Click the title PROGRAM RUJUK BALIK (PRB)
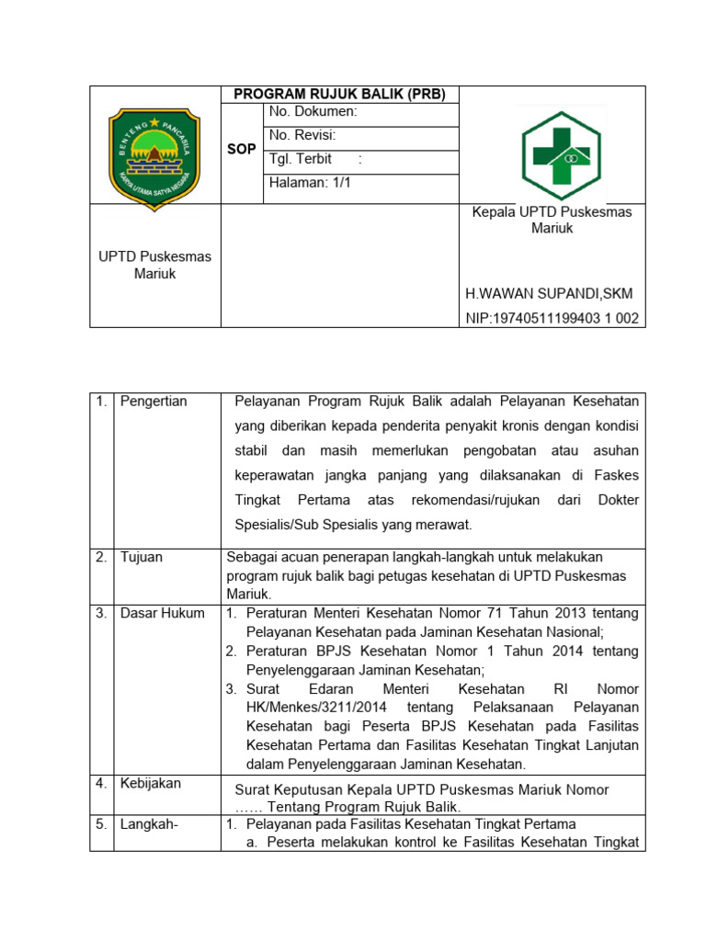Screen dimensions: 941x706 [339, 95]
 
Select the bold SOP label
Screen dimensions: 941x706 [242, 149]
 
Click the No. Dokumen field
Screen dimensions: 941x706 [313, 112]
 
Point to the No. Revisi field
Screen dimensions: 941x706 [302, 136]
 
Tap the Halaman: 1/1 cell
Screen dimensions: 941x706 [310, 183]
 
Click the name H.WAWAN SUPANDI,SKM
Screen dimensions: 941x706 [549, 294]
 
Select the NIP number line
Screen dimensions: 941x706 [552, 319]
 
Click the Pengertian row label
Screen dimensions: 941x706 [154, 402]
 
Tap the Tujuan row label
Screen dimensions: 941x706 [142, 557]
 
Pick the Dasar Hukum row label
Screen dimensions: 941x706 [163, 613]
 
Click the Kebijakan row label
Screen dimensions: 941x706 [151, 783]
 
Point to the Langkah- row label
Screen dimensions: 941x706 [149, 824]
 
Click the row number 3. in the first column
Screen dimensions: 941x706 [102, 613]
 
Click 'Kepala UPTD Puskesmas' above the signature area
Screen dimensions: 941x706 [552, 212]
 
